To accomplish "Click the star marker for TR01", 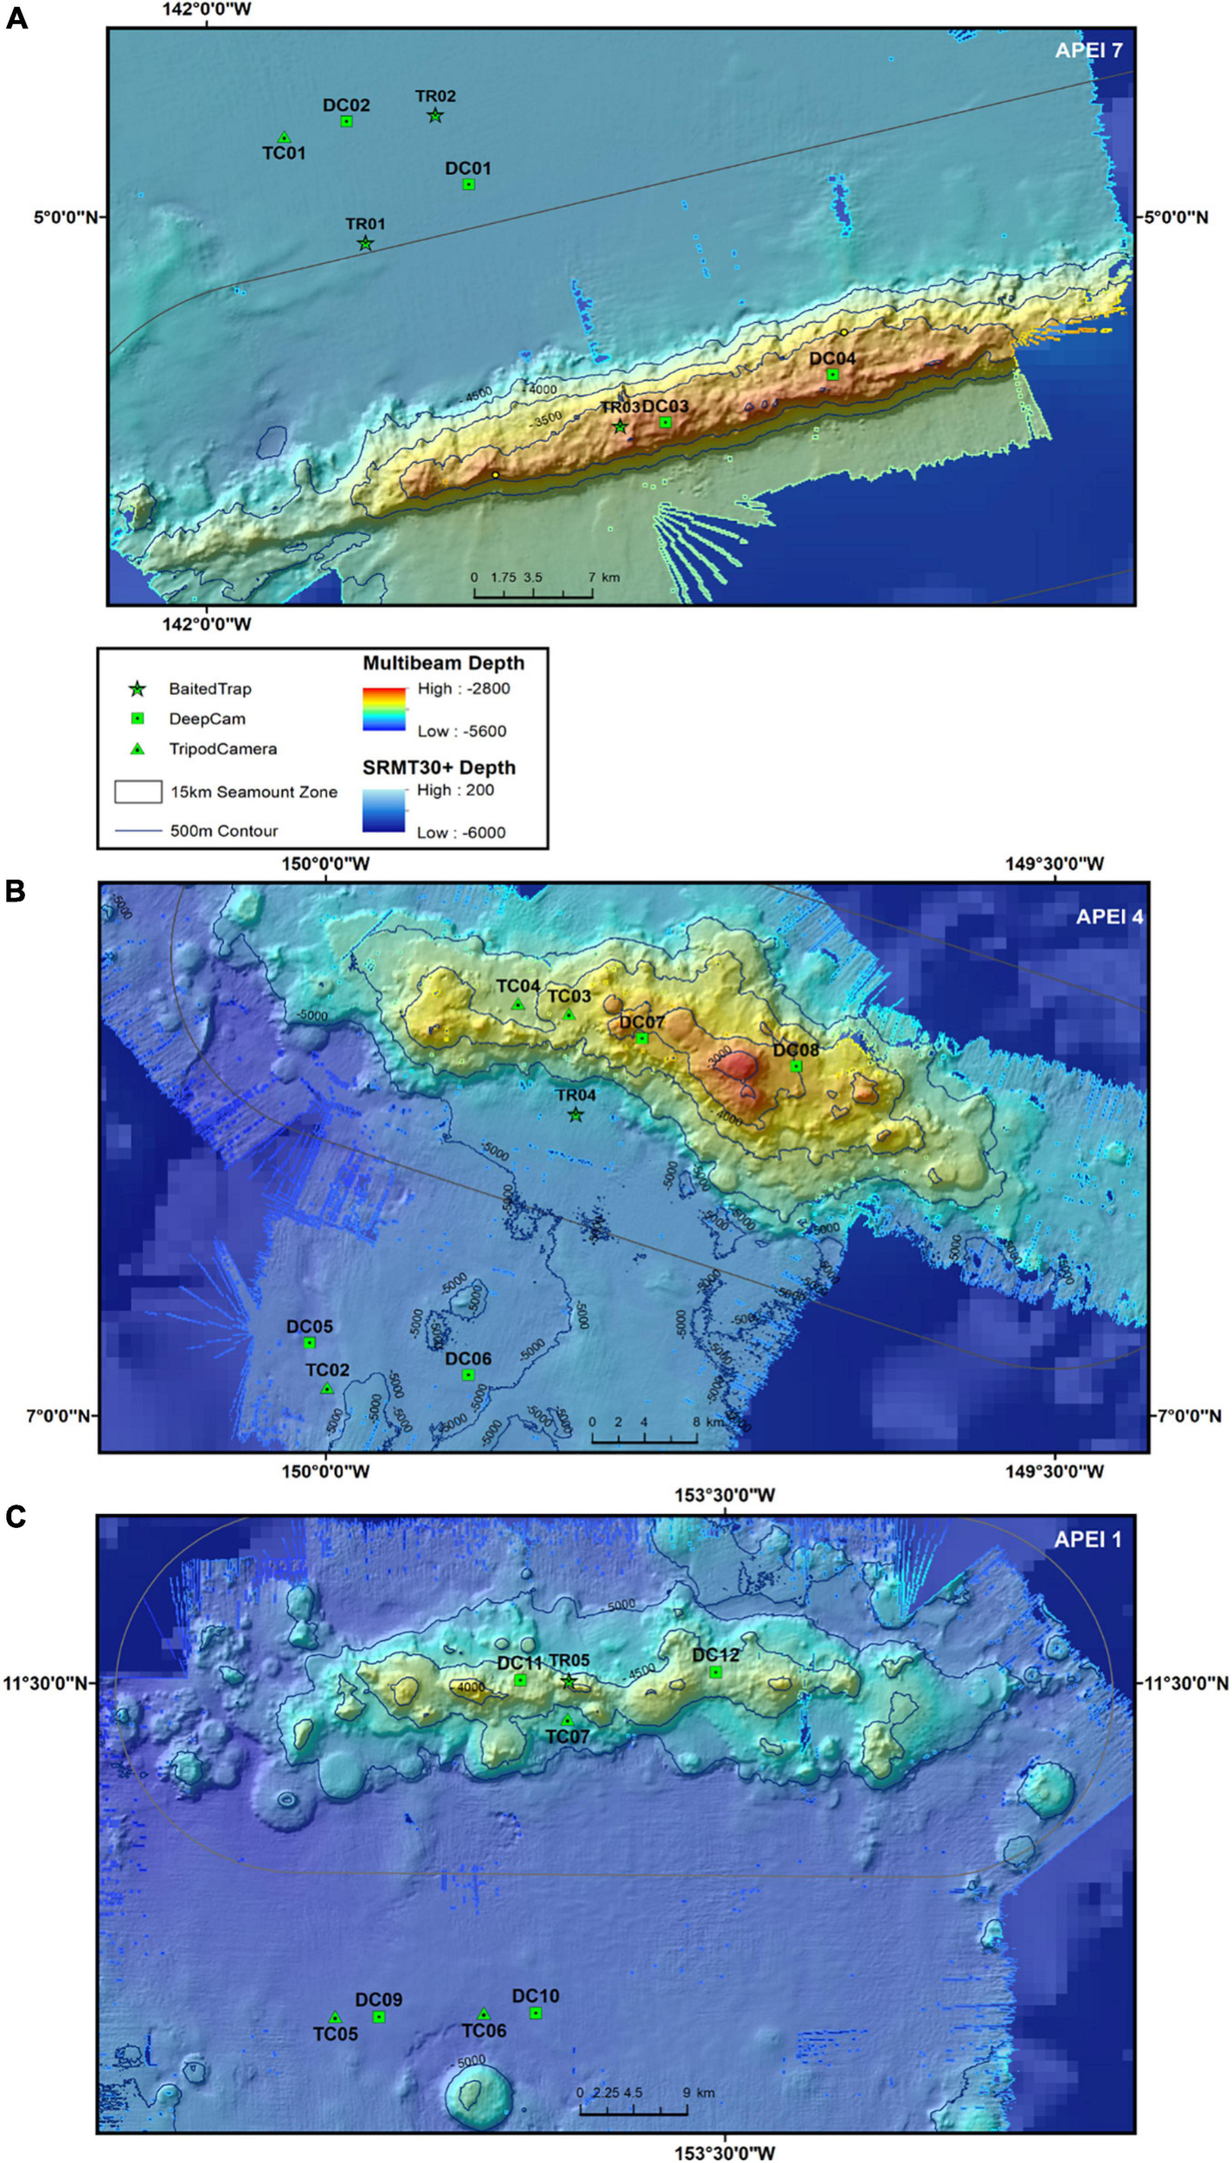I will pyautogui.click(x=365, y=243).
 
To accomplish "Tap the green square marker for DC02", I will pyautogui.click(x=346, y=121).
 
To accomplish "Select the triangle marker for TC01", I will pyautogui.click(x=284, y=138).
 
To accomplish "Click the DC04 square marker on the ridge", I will pyautogui.click(x=832, y=375).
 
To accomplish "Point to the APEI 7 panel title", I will pyautogui.click(x=1088, y=50).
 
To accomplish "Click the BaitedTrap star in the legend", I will pyautogui.click(x=137, y=690).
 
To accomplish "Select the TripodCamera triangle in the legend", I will pyautogui.click(x=137, y=748).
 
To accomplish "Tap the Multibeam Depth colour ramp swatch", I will pyautogui.click(x=383, y=709).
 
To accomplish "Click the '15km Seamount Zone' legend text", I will pyautogui.click(x=253, y=792).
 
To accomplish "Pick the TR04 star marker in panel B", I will pyautogui.click(x=576, y=1115).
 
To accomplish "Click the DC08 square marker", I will pyautogui.click(x=796, y=1066).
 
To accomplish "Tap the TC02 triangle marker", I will pyautogui.click(x=327, y=1389).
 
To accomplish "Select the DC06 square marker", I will pyautogui.click(x=468, y=1376).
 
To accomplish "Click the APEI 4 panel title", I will pyautogui.click(x=1109, y=916).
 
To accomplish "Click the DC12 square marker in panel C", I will pyautogui.click(x=715, y=1672).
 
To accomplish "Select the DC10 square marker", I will pyautogui.click(x=536, y=2013).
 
